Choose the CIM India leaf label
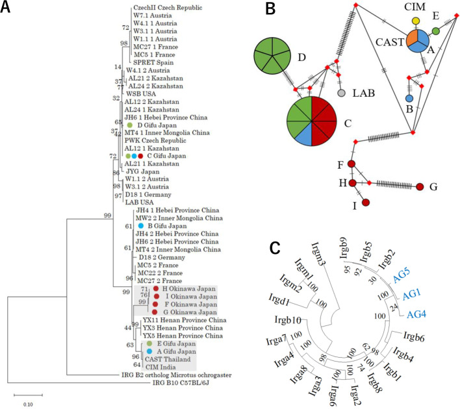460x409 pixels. click(x=150, y=367)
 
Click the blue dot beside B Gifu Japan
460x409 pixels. click(x=130, y=225)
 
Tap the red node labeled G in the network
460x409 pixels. click(x=420, y=188)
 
